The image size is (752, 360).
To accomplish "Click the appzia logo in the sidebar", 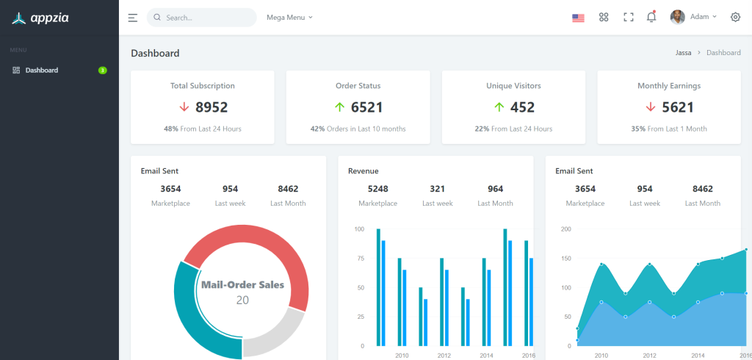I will point(40,18).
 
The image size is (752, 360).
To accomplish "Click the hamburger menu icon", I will point(132,18).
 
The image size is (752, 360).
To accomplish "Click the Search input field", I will point(206,18).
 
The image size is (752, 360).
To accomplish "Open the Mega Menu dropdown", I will point(289,18).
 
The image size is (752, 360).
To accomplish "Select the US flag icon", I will point(578,18).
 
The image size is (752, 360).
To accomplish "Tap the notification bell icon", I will point(651,18).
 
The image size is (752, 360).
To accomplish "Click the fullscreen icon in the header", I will point(628,18).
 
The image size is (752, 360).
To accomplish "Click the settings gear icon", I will point(735,18).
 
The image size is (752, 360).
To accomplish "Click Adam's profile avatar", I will point(677,17).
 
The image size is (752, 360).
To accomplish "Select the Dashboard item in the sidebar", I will point(41,71).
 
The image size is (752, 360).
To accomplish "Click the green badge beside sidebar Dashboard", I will point(103,71).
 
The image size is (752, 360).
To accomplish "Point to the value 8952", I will point(211,107).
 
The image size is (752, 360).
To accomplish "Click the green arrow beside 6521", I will point(339,107).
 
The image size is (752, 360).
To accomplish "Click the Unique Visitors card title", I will point(513,86).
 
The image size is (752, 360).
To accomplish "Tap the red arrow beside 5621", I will point(650,107).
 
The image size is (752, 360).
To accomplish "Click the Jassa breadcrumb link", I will point(683,53).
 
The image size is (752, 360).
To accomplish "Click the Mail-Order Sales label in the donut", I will point(242,285).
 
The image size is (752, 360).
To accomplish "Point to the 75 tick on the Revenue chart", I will point(359,259).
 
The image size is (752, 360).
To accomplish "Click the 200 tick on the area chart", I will point(565,229).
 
